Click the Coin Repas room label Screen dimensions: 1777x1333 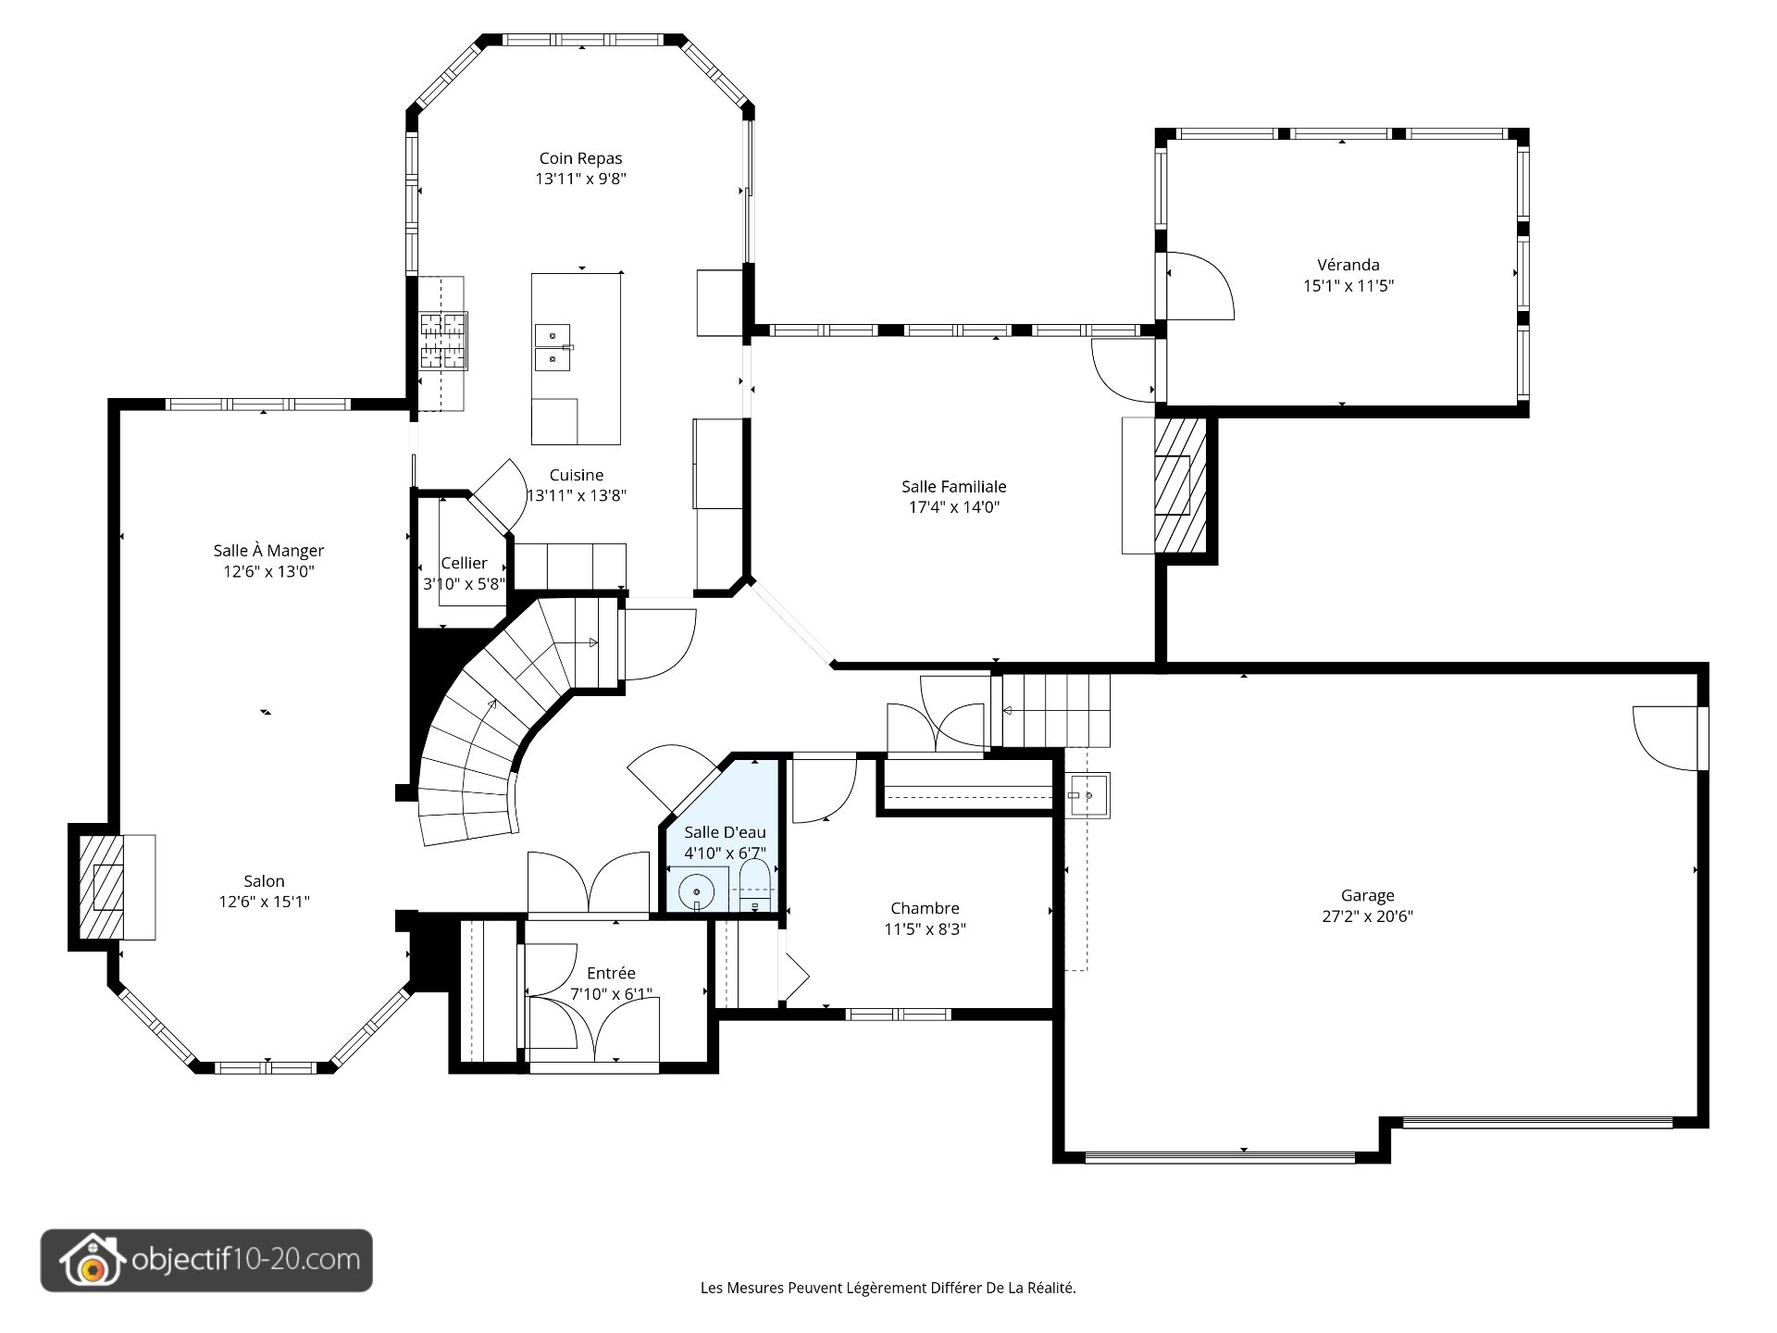point(580,158)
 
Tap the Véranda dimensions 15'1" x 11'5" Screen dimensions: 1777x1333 point(1348,285)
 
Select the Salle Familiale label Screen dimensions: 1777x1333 point(953,486)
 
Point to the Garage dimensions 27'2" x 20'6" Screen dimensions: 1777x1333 point(1367,916)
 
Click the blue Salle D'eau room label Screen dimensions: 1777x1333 point(725,832)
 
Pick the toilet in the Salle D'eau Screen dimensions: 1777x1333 point(755,887)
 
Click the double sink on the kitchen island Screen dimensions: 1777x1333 point(553,347)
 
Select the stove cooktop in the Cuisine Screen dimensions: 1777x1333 point(443,341)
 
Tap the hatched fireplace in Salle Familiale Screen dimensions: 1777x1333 point(1181,485)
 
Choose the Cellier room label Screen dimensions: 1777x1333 point(464,563)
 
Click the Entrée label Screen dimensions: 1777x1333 point(611,973)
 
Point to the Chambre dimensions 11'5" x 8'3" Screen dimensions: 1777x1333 point(925,929)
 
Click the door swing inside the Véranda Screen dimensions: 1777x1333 point(1200,286)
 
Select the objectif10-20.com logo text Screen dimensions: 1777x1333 point(246,1260)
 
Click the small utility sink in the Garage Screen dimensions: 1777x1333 point(1089,795)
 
